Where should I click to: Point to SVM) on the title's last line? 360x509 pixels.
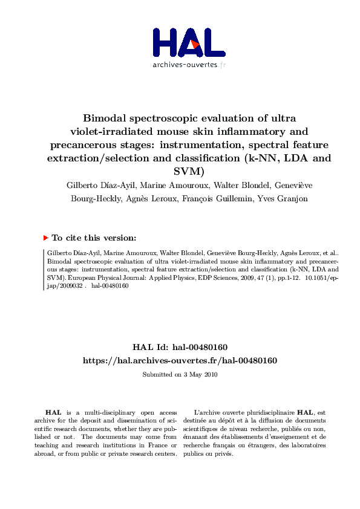tap(180, 172)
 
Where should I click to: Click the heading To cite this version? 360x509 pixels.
tap(94, 238)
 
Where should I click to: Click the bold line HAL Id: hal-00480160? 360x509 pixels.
tap(180, 348)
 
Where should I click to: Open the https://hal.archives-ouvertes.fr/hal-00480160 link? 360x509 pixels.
tap(180, 360)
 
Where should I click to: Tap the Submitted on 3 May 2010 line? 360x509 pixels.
tap(180, 375)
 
